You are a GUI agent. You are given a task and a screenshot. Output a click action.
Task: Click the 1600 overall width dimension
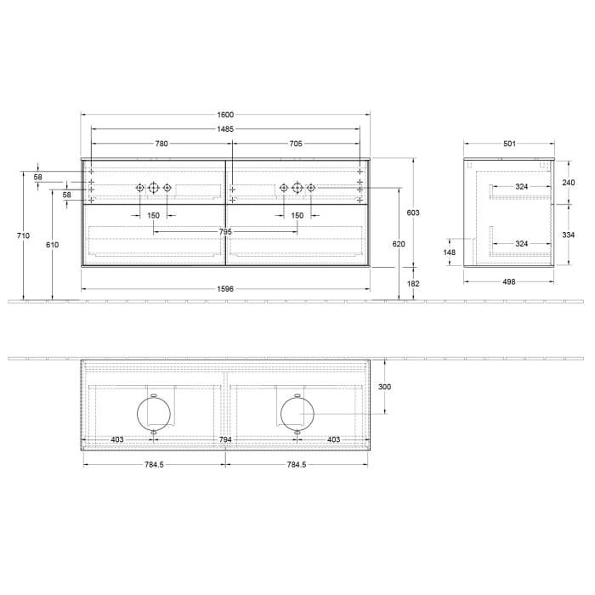[x=225, y=115]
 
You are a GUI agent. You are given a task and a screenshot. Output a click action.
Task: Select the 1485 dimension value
[x=225, y=129]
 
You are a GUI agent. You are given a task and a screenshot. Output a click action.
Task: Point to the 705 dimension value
[x=296, y=144]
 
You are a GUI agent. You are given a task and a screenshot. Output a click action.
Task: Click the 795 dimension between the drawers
[x=225, y=231]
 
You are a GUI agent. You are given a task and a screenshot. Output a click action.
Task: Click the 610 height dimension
[x=53, y=244]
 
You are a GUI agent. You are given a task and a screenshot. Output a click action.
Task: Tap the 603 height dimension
[x=413, y=212]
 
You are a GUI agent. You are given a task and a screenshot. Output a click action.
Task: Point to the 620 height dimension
[x=399, y=244]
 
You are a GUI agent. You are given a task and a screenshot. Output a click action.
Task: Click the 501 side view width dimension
[x=509, y=144]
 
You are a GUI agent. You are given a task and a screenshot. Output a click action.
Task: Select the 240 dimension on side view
[x=569, y=183]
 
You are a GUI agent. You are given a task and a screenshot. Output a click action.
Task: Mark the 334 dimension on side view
[x=569, y=235]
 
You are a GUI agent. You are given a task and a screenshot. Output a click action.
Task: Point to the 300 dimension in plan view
[x=385, y=386]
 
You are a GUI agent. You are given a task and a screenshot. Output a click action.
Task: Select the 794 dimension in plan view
[x=225, y=439]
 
